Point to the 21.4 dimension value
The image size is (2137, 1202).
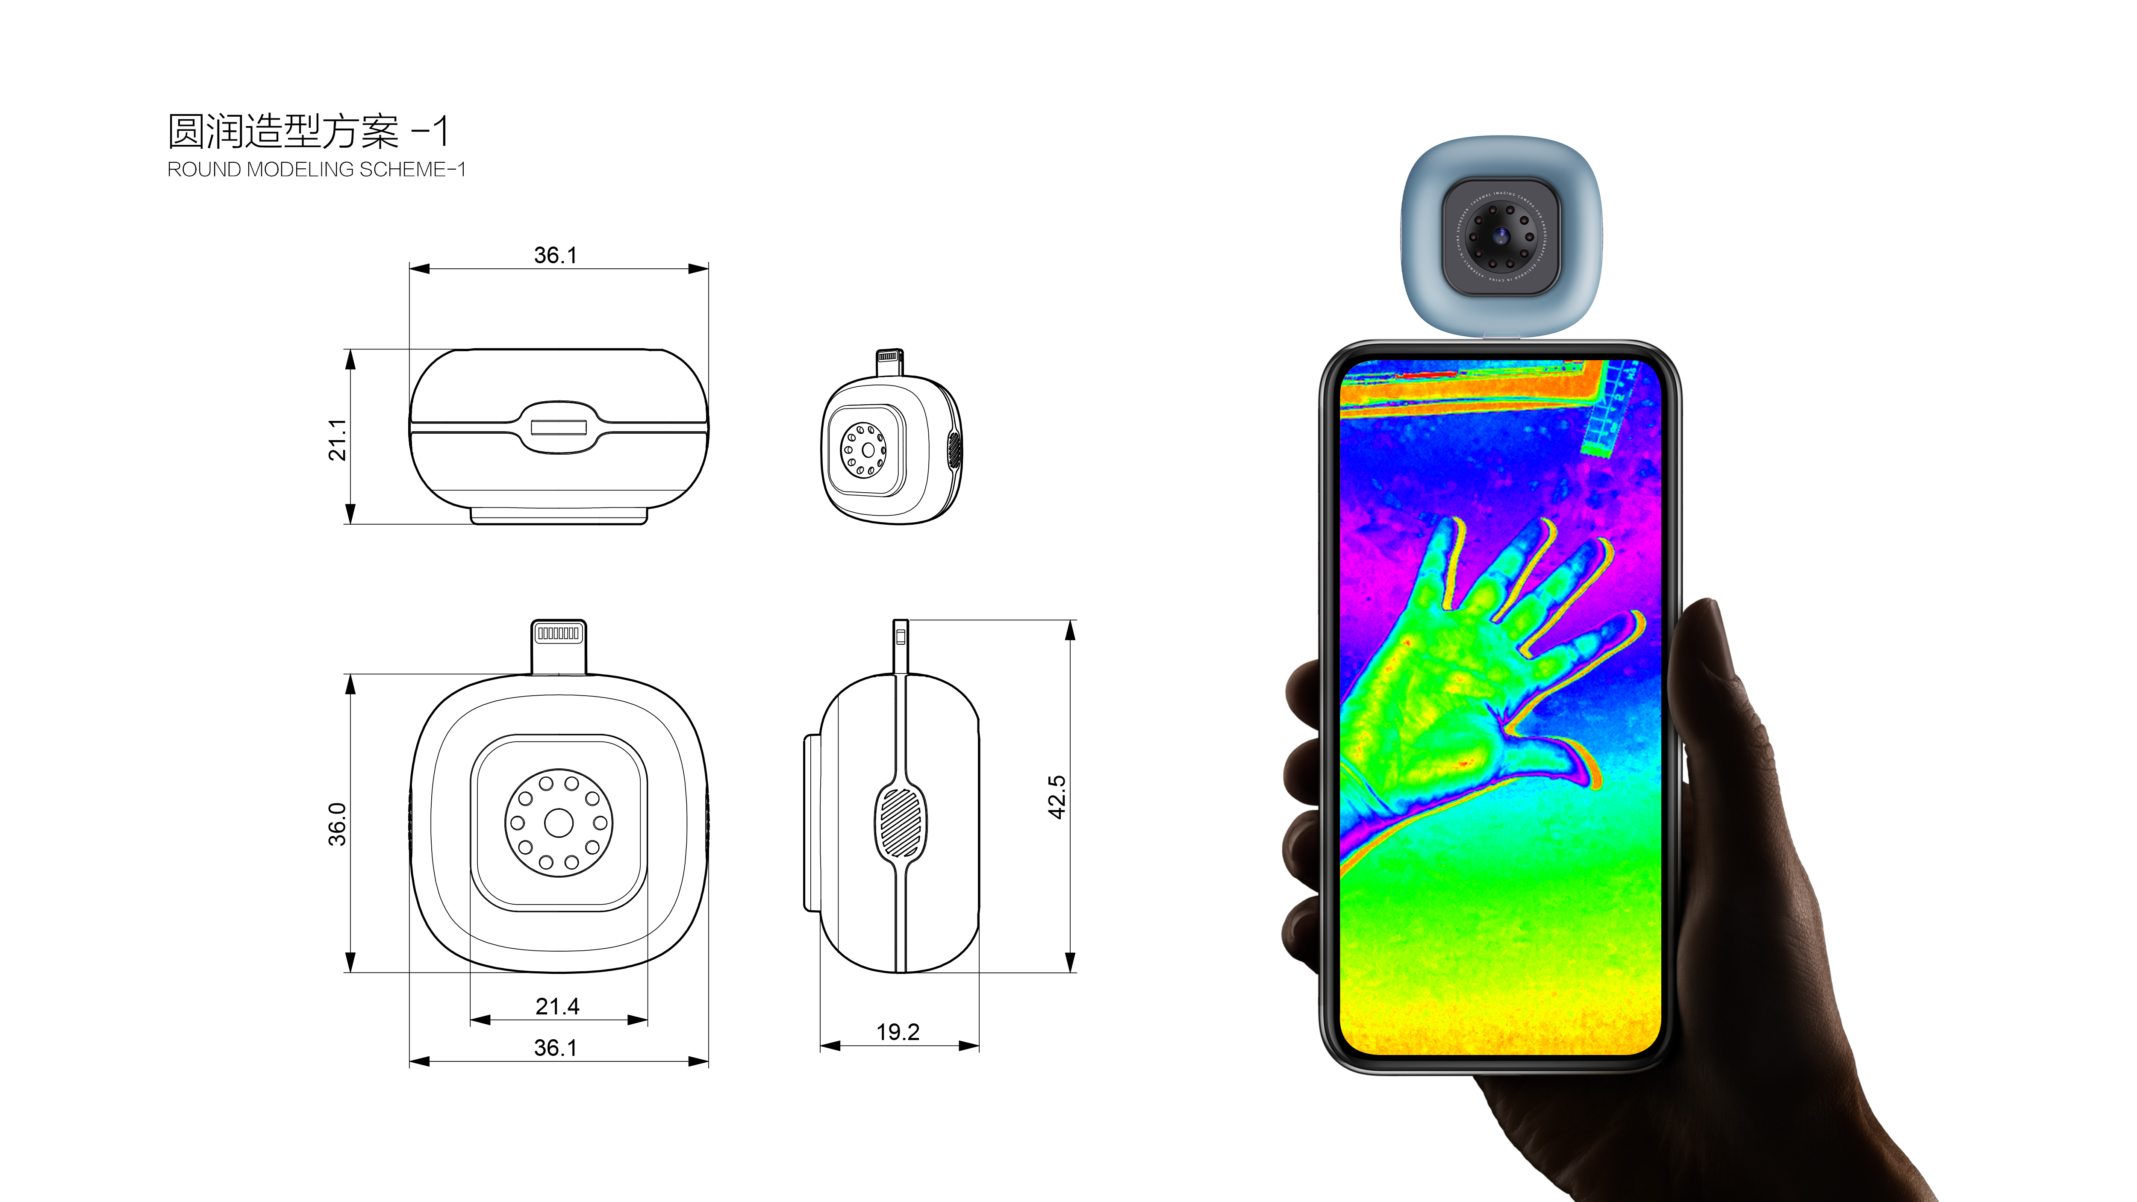coord(557,1006)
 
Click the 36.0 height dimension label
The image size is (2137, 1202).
coord(337,824)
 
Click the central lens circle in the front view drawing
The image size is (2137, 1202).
coord(558,823)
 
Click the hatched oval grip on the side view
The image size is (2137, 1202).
coord(900,822)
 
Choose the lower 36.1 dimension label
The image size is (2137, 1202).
coord(555,1048)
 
